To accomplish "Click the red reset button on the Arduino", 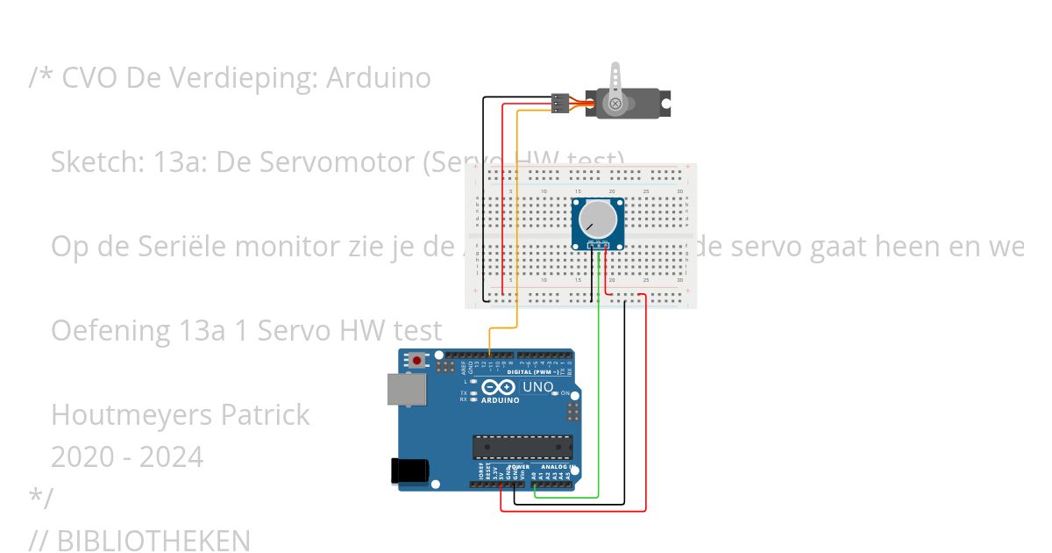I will (x=417, y=360).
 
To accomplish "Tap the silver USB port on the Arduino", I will (x=407, y=392).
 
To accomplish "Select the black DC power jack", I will (x=408, y=471).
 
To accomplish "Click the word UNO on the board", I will (x=537, y=387).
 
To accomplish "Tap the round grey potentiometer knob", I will (x=598, y=219).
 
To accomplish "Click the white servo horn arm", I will (x=616, y=83).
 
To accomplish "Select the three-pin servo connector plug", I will (x=560, y=104).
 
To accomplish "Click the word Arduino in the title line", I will (x=378, y=78).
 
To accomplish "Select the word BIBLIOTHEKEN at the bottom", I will (x=153, y=541).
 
